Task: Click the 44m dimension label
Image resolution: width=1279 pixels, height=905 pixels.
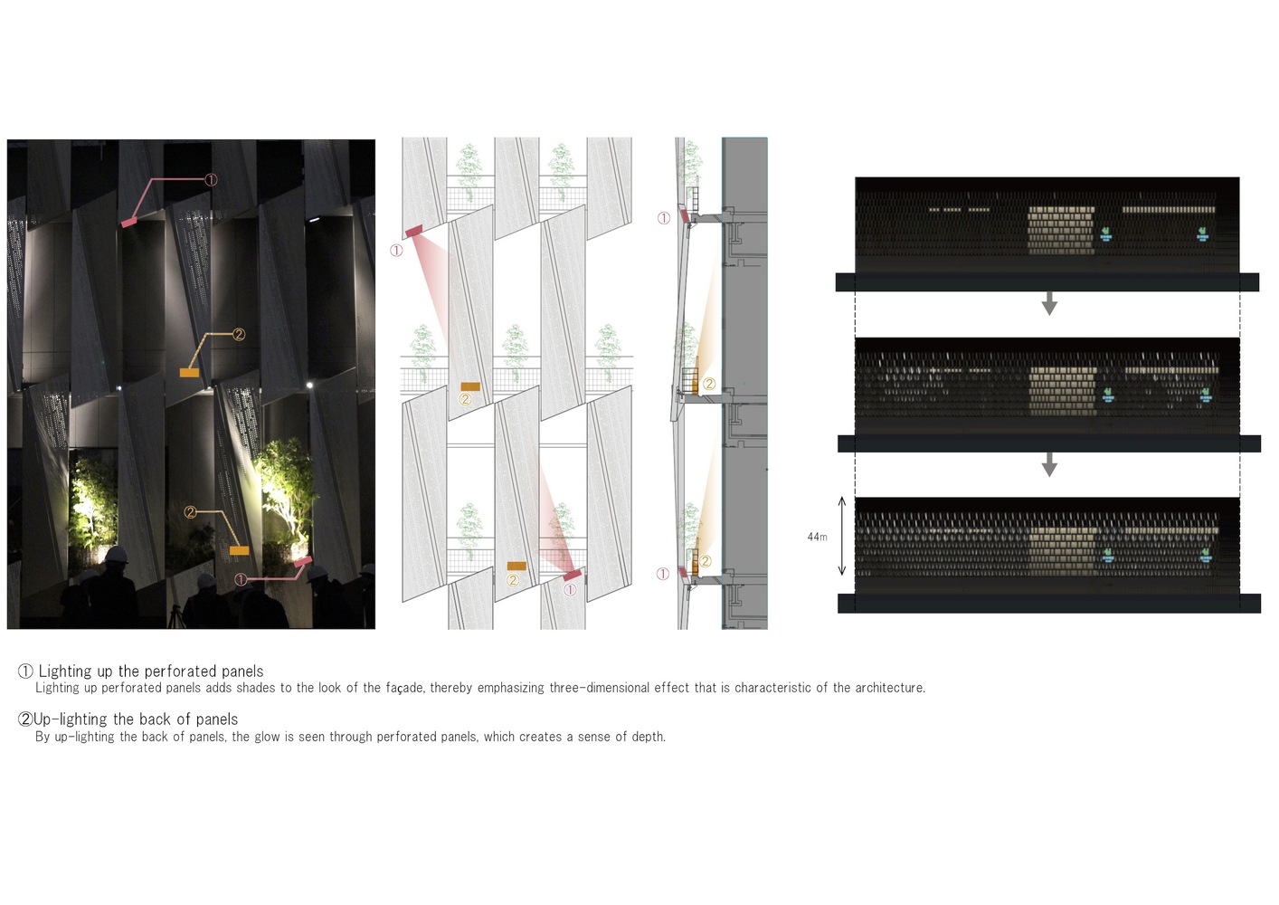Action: tap(817, 537)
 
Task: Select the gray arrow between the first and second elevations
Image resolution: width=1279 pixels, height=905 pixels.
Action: tap(1049, 303)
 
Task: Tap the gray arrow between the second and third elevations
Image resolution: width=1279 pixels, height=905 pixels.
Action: tap(1049, 464)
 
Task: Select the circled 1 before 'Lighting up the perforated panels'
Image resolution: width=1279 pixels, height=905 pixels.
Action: tap(25, 672)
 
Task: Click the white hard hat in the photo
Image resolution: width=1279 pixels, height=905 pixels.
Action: tap(116, 554)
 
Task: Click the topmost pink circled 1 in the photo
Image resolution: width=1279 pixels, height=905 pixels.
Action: tap(211, 180)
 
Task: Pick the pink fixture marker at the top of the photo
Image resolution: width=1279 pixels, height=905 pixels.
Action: tap(129, 222)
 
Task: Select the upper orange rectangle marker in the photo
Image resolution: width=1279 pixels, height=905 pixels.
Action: tap(189, 373)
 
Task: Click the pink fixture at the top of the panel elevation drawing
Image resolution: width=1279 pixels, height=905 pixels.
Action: tap(413, 231)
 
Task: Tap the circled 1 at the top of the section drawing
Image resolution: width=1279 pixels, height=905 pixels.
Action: tap(664, 218)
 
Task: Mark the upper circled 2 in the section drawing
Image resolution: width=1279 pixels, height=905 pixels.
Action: tap(709, 384)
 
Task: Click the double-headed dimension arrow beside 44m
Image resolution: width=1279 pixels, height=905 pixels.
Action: tap(841, 537)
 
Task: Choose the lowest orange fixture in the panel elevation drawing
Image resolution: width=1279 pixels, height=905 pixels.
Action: tap(516, 566)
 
